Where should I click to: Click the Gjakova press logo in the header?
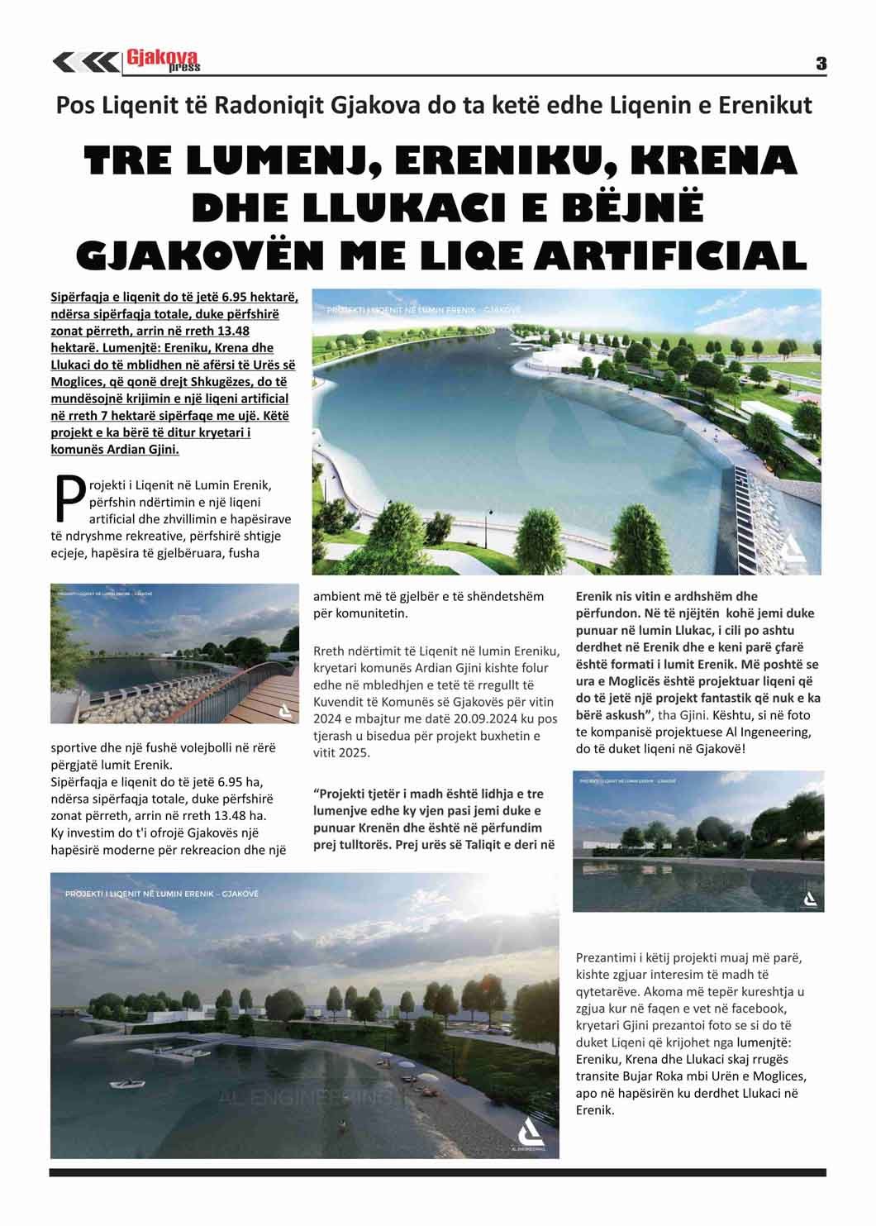(x=163, y=60)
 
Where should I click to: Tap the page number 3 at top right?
(x=821, y=64)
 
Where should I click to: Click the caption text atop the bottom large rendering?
(x=162, y=894)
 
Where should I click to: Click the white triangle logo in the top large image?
(x=792, y=551)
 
